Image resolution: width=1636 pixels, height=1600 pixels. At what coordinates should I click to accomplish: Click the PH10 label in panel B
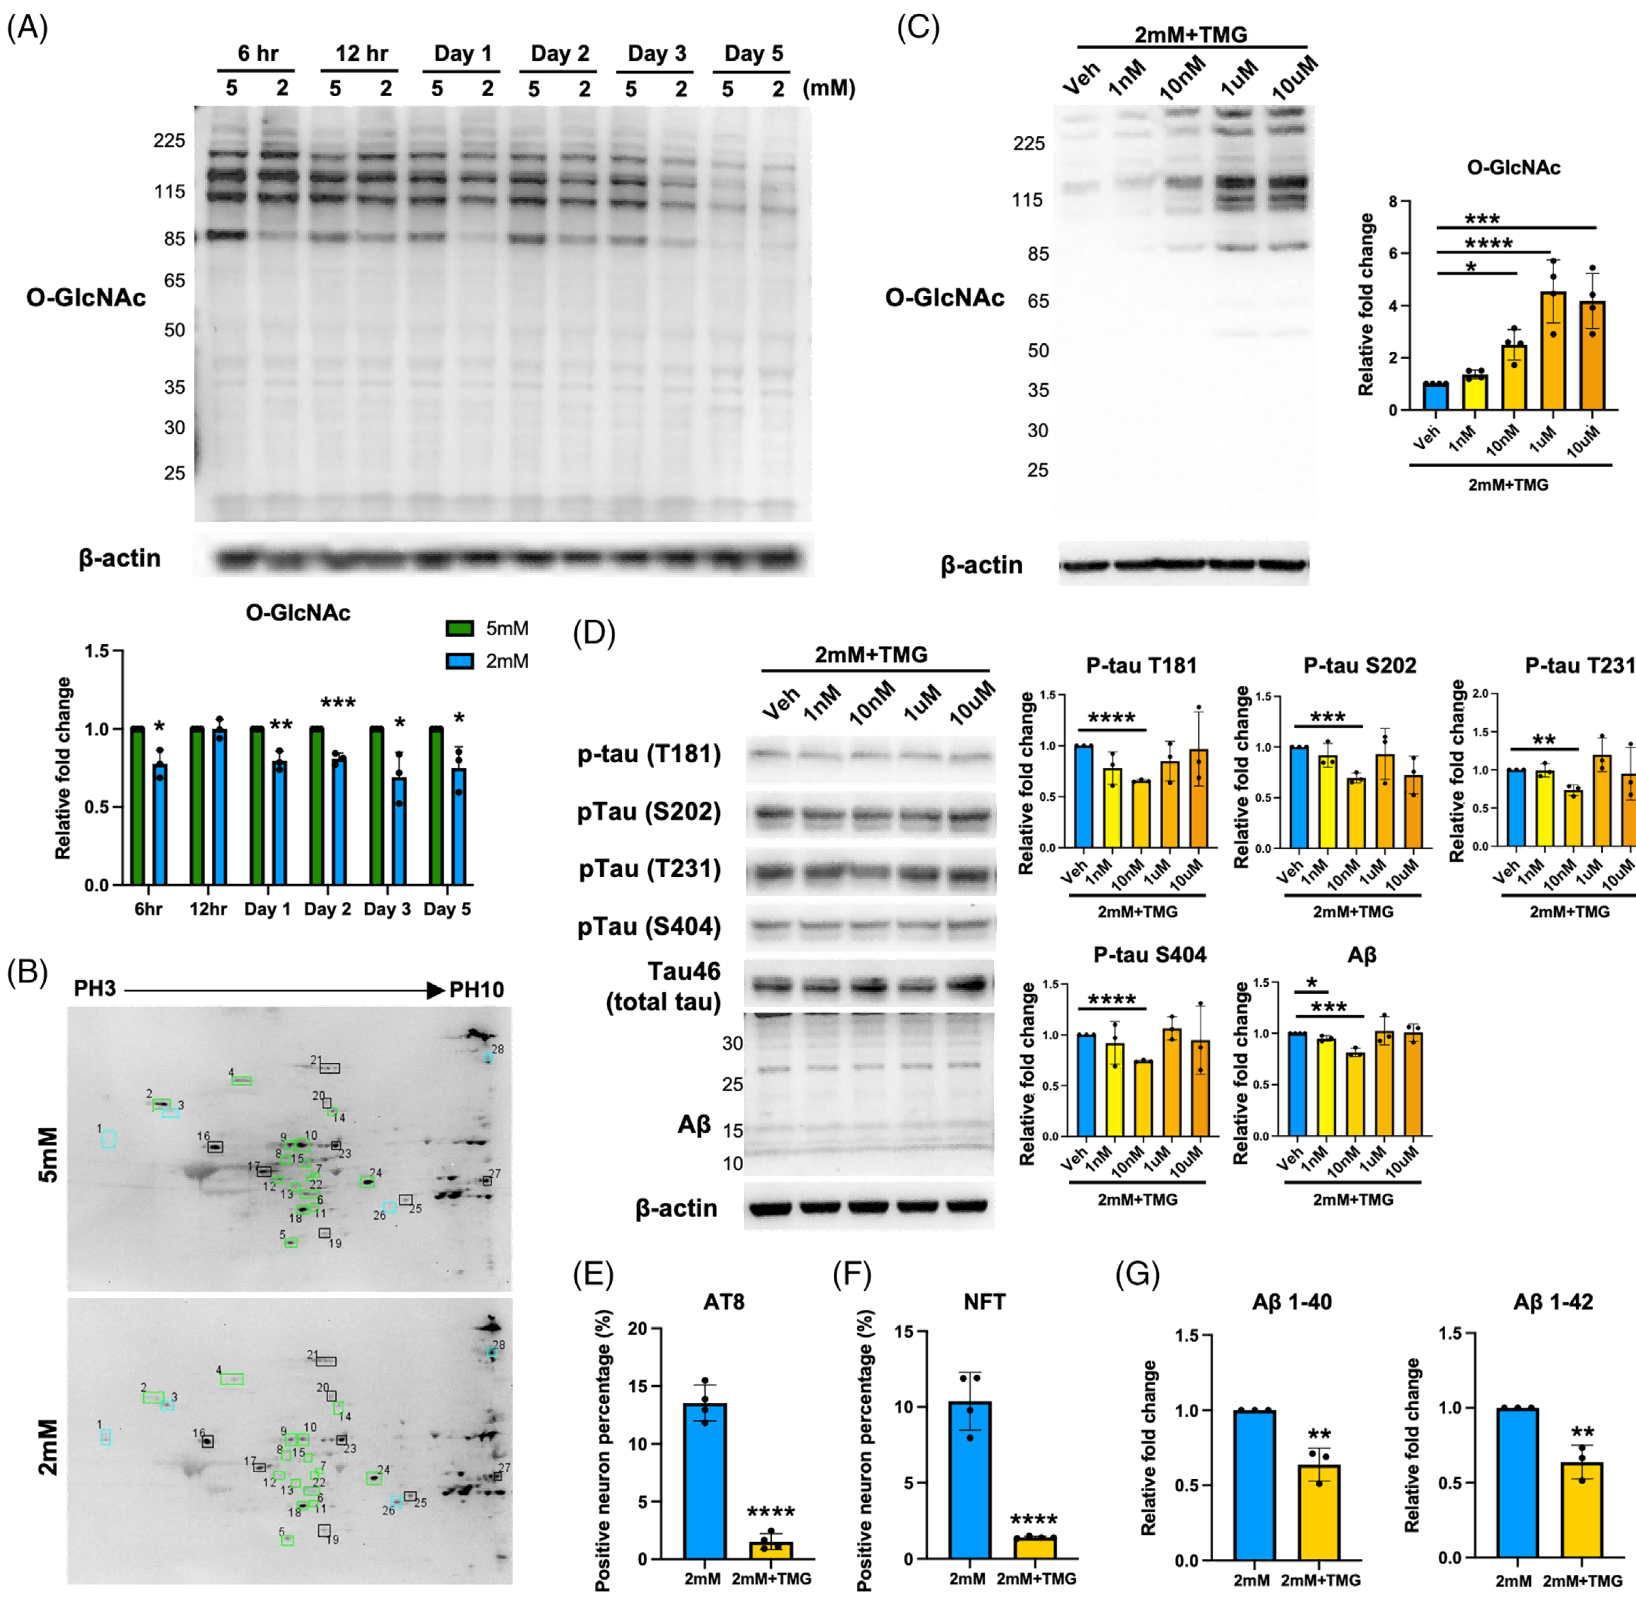click(x=476, y=989)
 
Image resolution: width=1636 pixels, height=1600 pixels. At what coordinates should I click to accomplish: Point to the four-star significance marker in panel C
click(x=1489, y=244)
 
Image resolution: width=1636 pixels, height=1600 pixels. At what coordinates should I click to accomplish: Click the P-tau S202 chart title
click(x=1360, y=666)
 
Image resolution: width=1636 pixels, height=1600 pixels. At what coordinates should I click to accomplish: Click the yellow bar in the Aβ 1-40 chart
click(x=1319, y=1513)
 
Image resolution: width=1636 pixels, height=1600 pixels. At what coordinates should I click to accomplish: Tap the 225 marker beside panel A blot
click(x=169, y=141)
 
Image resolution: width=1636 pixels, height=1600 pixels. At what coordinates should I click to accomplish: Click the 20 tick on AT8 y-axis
click(x=638, y=1328)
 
